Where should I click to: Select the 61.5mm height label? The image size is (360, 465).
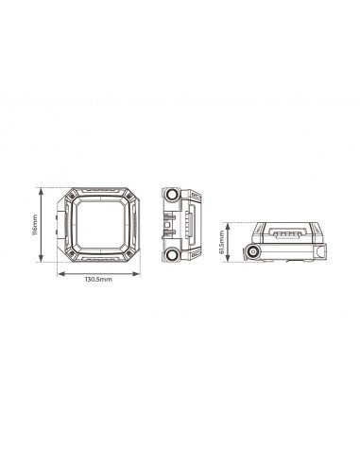[x=223, y=242]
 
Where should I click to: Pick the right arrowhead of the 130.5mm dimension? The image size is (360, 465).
[x=146, y=274]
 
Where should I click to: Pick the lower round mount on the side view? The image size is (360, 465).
[x=172, y=256]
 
